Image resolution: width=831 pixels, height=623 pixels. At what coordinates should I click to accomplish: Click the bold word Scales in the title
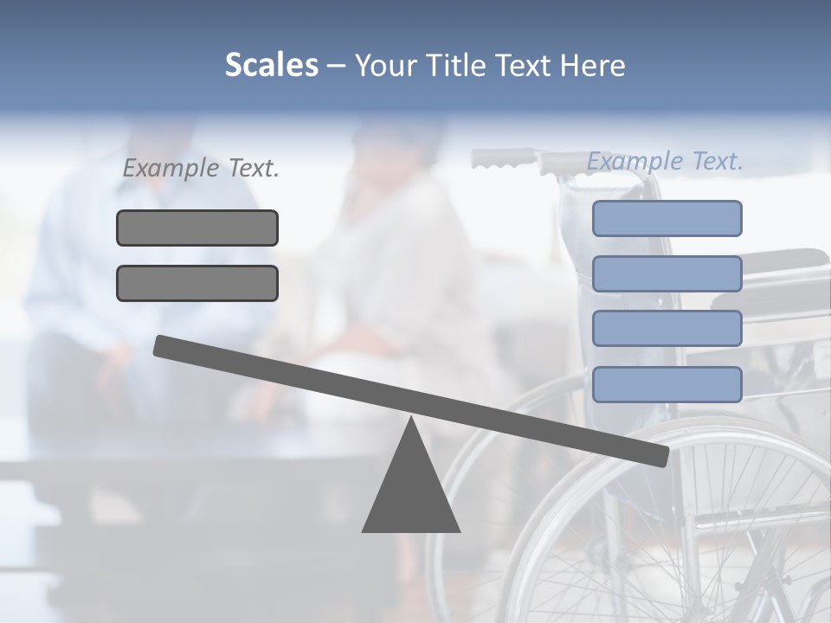(x=271, y=66)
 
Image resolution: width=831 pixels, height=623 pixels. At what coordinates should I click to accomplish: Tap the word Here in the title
(x=591, y=66)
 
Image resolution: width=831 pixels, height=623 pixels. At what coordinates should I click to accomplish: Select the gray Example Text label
(x=201, y=169)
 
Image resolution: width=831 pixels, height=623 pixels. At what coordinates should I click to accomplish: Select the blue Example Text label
(x=665, y=161)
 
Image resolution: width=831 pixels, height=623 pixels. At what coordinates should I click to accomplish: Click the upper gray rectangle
(x=197, y=228)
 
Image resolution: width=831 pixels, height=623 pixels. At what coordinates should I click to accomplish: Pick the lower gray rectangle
(x=197, y=283)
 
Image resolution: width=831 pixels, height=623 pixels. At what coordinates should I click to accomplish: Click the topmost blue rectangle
(x=667, y=218)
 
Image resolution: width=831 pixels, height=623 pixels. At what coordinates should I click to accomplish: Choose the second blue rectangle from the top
(x=667, y=273)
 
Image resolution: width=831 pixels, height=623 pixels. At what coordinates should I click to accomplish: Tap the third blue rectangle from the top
(x=667, y=329)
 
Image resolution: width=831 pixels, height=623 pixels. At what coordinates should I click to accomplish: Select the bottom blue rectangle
(x=667, y=384)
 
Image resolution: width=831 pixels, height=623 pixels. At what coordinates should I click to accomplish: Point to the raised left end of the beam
(x=161, y=345)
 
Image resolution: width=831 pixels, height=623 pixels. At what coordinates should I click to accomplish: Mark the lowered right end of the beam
(x=660, y=455)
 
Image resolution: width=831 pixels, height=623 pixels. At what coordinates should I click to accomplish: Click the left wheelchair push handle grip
(x=502, y=159)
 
